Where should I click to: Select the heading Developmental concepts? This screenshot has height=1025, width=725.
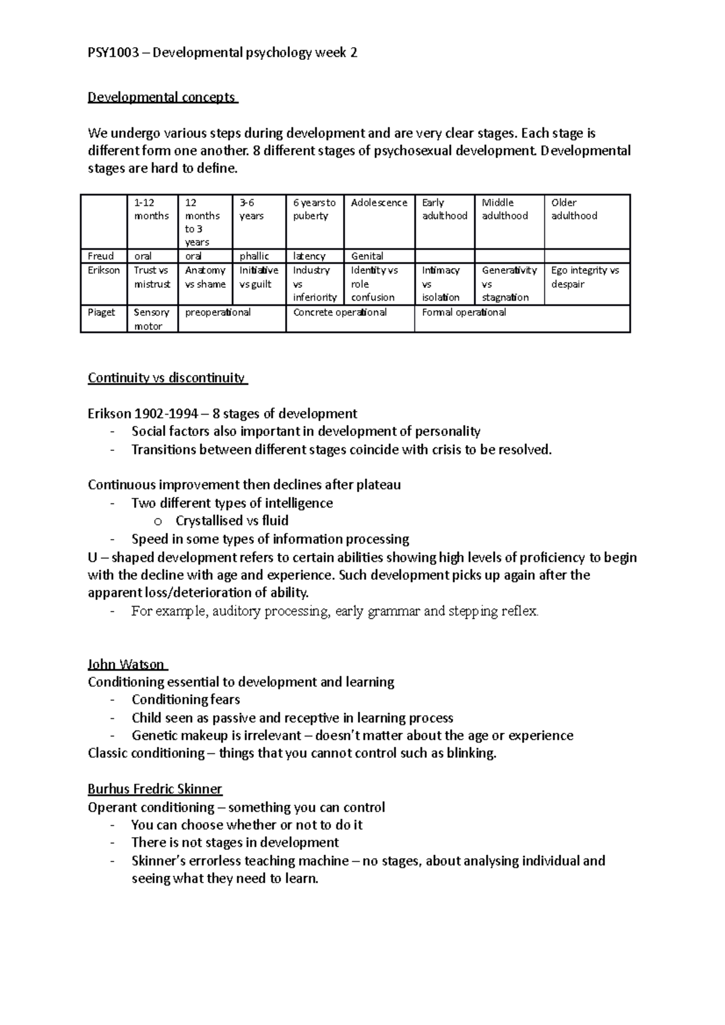click(162, 97)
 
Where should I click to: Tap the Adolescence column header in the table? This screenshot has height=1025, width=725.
click(379, 203)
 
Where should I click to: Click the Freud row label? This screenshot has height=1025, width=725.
click(100, 256)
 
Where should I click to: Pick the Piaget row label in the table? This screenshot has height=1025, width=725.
click(101, 313)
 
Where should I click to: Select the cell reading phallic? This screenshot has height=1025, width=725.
click(254, 256)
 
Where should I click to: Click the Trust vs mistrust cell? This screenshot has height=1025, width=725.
click(152, 277)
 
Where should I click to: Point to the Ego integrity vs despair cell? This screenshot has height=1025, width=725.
click(585, 277)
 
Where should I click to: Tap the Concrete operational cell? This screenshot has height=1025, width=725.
click(340, 313)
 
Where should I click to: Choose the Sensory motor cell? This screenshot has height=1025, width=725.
click(151, 319)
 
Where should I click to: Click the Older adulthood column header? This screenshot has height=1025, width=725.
click(574, 209)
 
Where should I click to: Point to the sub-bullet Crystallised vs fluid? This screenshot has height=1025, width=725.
click(231, 521)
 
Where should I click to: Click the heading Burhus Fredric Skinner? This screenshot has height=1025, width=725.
click(155, 789)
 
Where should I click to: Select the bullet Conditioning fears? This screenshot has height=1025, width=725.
click(185, 700)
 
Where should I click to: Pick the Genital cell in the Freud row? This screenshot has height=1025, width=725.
click(367, 256)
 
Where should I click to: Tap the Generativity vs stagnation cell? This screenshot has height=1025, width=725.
click(509, 284)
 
